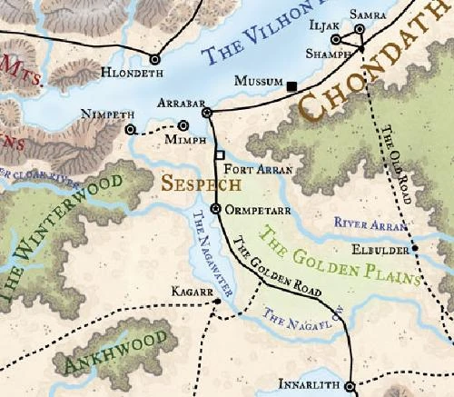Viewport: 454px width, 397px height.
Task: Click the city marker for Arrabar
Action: click(x=206, y=112)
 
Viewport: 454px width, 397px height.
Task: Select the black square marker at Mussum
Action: click(x=291, y=86)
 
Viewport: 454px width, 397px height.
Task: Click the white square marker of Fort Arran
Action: click(x=219, y=155)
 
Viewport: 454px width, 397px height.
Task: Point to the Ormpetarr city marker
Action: click(x=215, y=209)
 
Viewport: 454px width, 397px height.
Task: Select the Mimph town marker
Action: click(x=184, y=126)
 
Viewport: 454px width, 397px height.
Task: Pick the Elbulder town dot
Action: click(x=414, y=247)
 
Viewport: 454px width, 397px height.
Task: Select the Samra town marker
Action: click(x=360, y=29)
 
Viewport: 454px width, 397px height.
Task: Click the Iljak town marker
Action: click(x=336, y=40)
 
